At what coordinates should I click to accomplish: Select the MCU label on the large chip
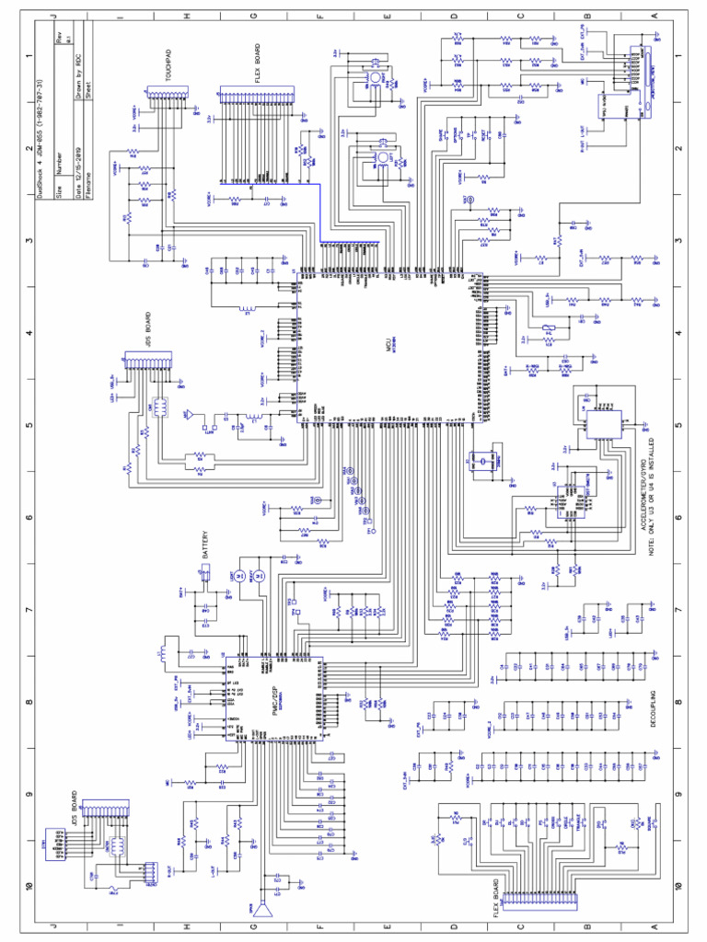coord(388,347)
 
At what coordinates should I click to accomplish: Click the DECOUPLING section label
coord(652,706)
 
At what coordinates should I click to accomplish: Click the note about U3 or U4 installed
coord(656,488)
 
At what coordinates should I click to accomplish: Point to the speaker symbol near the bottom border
coord(266,912)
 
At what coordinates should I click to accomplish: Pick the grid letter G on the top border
coord(253,17)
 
